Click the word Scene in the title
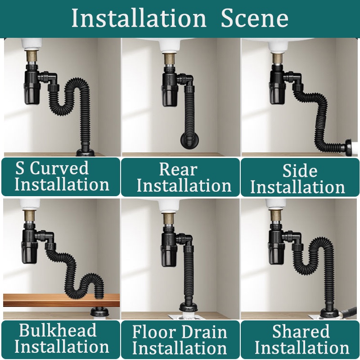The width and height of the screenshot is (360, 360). (x=254, y=18)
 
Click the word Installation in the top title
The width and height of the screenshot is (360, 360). (x=139, y=18)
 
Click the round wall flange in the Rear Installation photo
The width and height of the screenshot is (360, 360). (x=189, y=140)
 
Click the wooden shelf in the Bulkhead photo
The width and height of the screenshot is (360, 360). (x=61, y=300)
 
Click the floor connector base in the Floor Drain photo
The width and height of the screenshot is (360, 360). (x=189, y=308)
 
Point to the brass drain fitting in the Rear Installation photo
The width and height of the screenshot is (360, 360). (x=170, y=59)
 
